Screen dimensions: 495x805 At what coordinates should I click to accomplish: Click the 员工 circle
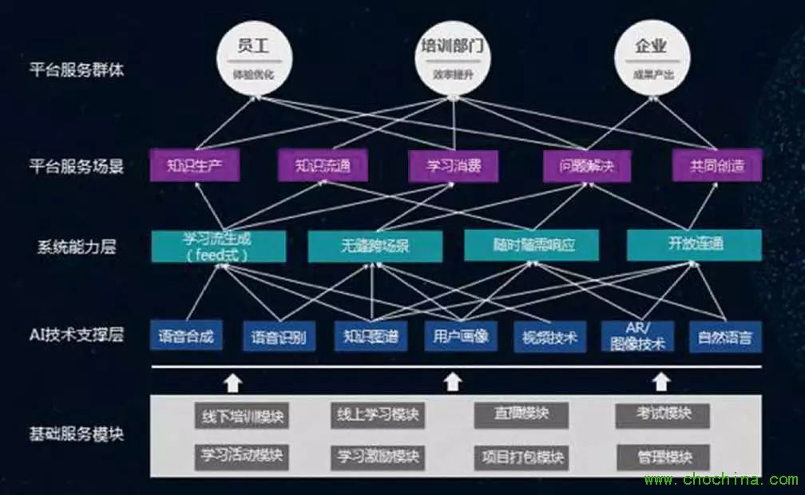[252, 55]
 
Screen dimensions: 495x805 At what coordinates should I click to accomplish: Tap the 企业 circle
[650, 55]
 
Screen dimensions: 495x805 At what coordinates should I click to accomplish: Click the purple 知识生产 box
[194, 167]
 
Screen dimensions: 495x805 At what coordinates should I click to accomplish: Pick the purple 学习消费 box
[454, 167]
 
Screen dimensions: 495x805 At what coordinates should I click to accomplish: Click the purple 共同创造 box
[716, 167]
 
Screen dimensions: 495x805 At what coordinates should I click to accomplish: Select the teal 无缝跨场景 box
[364, 246]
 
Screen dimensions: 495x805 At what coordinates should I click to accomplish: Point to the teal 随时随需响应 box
[531, 246]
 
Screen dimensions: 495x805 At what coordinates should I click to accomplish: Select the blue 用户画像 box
[461, 336]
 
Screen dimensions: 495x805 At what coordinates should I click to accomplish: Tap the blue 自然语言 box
[725, 336]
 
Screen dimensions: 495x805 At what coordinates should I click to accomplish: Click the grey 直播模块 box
[521, 415]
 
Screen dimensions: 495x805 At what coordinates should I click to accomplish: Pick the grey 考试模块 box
[663, 414]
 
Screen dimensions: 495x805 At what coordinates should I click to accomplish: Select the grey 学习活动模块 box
[241, 457]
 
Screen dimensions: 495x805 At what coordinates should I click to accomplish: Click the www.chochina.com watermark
[720, 480]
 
